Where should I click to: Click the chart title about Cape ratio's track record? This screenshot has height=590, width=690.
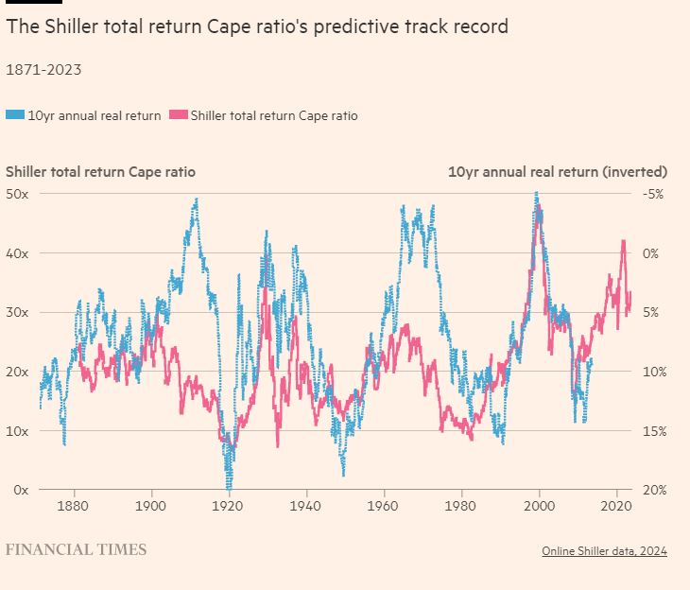coord(257,26)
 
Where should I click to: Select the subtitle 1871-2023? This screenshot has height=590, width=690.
coord(43,69)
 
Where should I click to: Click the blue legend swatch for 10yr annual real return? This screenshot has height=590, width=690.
coord(15,115)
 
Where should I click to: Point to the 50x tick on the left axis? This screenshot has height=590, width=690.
coord(17,194)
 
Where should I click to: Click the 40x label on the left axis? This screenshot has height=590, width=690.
coord(17,253)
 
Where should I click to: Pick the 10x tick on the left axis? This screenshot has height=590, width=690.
coord(17,431)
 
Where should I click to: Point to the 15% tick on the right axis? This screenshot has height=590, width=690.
coord(654,431)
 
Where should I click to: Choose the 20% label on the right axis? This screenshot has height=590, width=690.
coord(654,490)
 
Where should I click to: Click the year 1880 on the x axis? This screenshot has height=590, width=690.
coord(73,506)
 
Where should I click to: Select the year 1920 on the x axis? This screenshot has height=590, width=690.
coord(228,506)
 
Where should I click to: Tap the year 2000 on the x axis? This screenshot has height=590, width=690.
coord(539,506)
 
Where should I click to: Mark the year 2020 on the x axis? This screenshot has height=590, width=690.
coord(616,506)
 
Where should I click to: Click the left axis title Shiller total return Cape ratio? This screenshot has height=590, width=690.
coord(101,172)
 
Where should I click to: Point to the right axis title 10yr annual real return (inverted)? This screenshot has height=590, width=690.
coord(557,172)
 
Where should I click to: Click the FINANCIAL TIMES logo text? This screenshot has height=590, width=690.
coord(77,549)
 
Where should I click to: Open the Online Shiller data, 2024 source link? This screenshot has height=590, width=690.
coord(604,551)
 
